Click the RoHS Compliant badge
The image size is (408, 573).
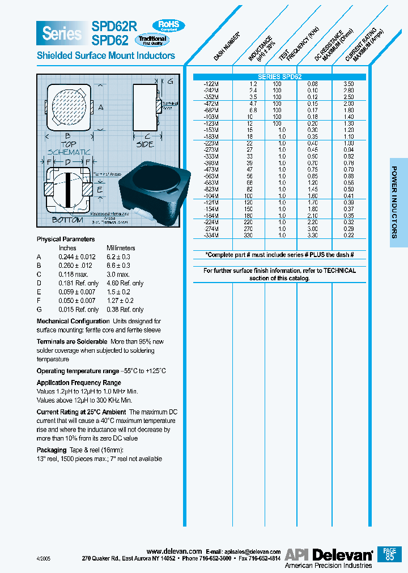coord(168,25)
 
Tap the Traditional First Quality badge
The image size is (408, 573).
coord(152,40)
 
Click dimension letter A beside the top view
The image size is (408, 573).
coord(101,107)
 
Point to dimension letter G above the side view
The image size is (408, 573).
coord(170,82)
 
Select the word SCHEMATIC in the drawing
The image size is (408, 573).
coord(69,152)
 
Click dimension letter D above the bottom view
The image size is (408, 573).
coord(67,163)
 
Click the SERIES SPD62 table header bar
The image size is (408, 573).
coord(280,77)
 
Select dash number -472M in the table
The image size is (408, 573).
coord(210,104)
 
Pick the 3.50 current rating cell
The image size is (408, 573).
coord(349,84)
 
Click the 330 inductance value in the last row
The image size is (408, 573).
coord(253,235)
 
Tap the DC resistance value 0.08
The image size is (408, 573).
coord(313,84)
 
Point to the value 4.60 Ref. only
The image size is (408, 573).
coord(125,283)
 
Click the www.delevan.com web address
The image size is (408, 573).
coord(174,551)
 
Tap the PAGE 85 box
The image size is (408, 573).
coord(389,554)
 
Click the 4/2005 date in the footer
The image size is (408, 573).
coord(45,558)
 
